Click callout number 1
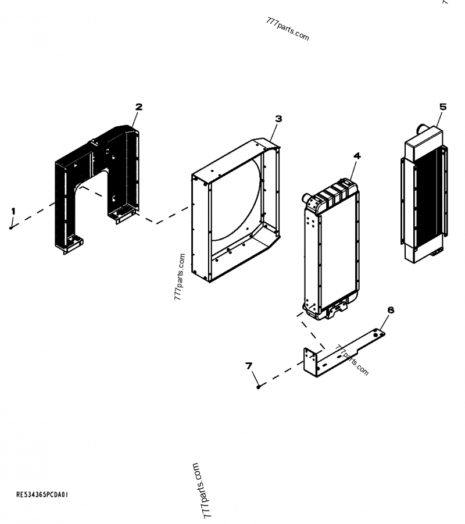click(13, 211)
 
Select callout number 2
click(139, 106)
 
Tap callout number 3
click(278, 119)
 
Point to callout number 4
click(357, 156)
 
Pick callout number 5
click(443, 106)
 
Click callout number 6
click(391, 310)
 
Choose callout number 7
click(249, 366)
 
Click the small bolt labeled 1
click(12, 227)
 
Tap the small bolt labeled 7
click(259, 386)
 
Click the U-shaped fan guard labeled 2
click(99, 169)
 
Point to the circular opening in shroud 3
click(233, 204)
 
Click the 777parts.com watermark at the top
click(287, 28)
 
